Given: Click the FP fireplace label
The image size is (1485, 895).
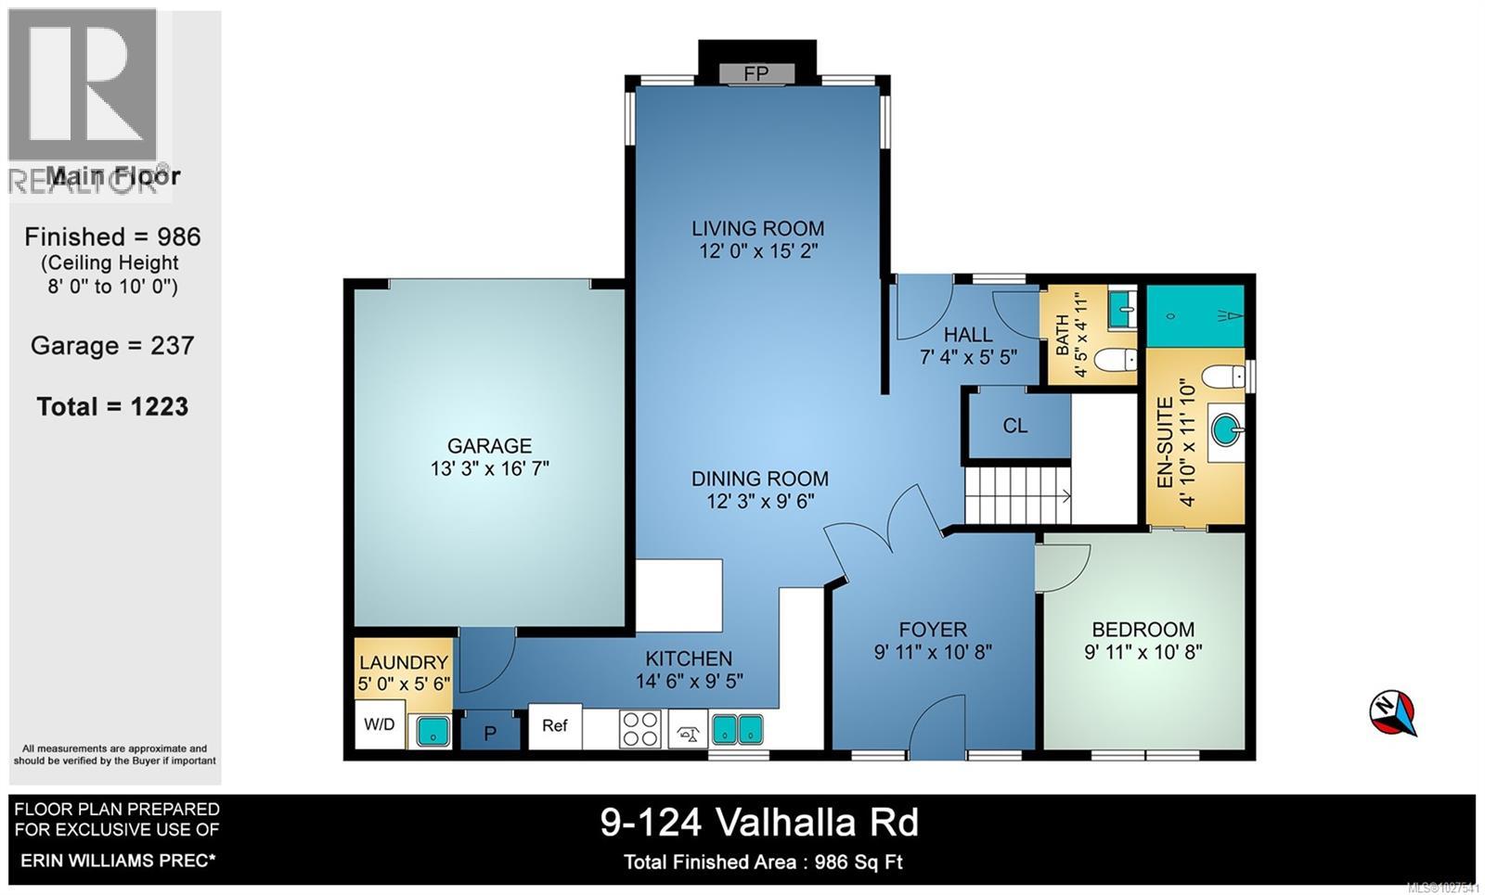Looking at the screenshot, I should click(x=756, y=74).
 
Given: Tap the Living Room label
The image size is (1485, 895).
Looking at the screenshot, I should click(x=757, y=228).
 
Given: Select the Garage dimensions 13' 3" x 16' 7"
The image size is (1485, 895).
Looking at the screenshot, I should click(x=489, y=469).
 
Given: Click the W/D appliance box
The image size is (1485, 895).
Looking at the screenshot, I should click(x=379, y=724).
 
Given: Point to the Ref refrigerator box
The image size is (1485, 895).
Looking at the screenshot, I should click(x=555, y=725).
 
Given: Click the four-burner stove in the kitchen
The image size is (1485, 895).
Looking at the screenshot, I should click(x=640, y=728).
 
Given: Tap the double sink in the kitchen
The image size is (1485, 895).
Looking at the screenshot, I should click(x=737, y=729).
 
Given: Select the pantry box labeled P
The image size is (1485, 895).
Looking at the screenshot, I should click(x=490, y=733).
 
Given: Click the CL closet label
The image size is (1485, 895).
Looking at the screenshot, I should click(x=1015, y=426).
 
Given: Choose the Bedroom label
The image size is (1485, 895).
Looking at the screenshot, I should click(x=1143, y=629).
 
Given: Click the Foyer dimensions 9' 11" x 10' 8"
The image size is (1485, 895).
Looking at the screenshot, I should click(x=933, y=653).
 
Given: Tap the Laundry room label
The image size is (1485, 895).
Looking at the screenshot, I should click(x=403, y=662).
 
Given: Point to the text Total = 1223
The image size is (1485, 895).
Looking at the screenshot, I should click(x=112, y=406).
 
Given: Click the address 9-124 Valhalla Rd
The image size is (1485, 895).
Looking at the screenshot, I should click(x=759, y=822).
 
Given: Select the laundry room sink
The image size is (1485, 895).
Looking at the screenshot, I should click(x=431, y=730).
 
